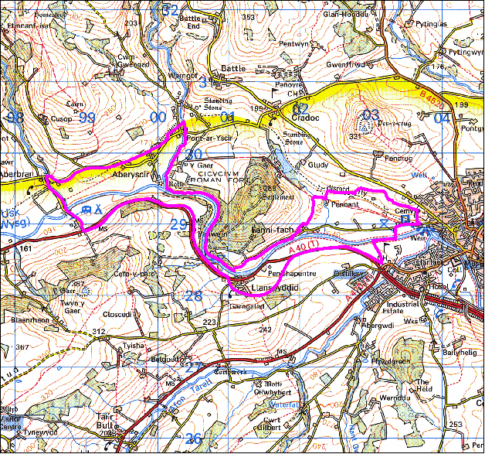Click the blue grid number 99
click(x=87, y=118)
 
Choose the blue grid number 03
click(x=370, y=115)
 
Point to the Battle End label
click(x=189, y=22)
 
